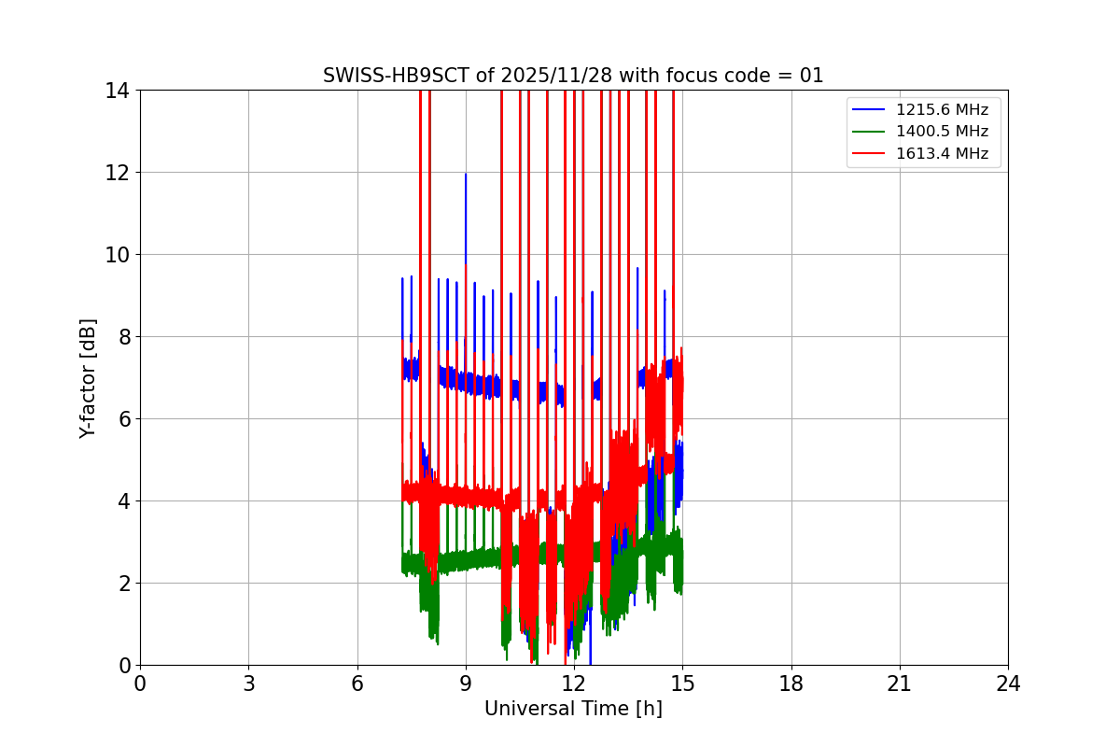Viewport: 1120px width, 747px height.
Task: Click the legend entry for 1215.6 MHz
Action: pyautogui.click(x=942, y=110)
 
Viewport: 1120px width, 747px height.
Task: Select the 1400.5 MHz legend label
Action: pyautogui.click(x=942, y=132)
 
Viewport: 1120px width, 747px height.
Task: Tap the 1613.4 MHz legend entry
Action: pyautogui.click(x=942, y=154)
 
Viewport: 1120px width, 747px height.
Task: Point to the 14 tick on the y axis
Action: pyautogui.click(x=117, y=91)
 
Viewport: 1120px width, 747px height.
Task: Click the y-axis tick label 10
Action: pyautogui.click(x=117, y=254)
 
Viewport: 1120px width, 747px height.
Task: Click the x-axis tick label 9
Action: pyautogui.click(x=465, y=684)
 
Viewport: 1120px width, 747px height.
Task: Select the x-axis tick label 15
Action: pyautogui.click(x=682, y=684)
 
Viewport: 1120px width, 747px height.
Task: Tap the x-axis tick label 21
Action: pyautogui.click(x=900, y=684)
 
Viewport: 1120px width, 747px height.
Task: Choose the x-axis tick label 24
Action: pyautogui.click(x=1008, y=684)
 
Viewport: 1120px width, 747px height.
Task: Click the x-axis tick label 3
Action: pyautogui.click(x=248, y=684)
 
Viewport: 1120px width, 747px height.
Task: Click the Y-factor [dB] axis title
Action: pyautogui.click(x=88, y=378)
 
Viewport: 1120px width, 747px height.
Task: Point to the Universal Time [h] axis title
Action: pyautogui.click(x=573, y=709)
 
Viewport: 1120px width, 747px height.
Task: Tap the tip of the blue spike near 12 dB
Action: pyautogui.click(x=465, y=174)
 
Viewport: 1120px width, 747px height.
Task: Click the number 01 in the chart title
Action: pyautogui.click(x=811, y=76)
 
